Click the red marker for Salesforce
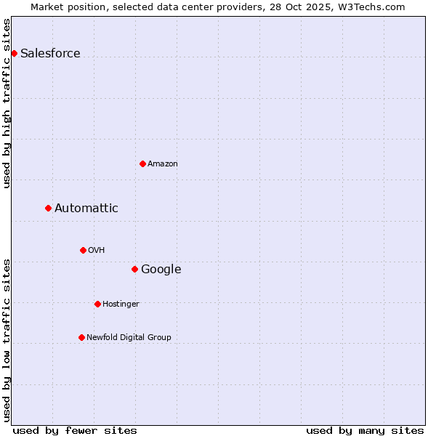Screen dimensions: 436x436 [14, 53]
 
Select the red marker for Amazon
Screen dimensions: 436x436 [142, 163]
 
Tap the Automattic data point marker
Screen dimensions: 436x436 [48, 208]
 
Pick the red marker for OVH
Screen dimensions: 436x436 [83, 250]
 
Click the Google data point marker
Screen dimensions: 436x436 [134, 269]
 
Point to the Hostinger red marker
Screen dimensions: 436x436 [97, 304]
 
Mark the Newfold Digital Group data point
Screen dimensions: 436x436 [81, 337]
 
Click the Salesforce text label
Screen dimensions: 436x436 [50, 53]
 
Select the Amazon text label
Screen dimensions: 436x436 [163, 163]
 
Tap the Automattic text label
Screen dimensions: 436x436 [86, 208]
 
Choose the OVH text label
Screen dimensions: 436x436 [97, 250]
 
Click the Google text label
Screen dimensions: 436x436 [161, 269]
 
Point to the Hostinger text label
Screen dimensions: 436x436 [121, 304]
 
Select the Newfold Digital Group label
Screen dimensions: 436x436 [129, 337]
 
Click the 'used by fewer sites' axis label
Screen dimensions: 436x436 [75, 430]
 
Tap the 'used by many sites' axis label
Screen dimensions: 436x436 [365, 430]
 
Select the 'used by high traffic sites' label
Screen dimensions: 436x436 [7, 103]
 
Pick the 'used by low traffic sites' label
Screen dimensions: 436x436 [7, 340]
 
